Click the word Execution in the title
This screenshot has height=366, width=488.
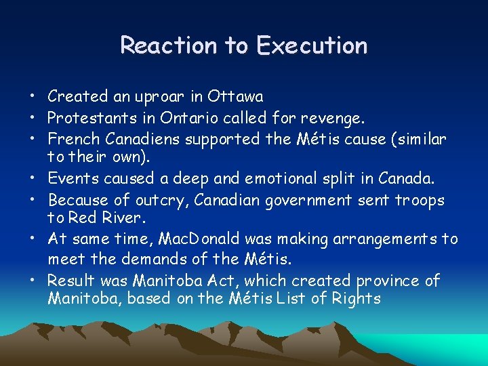click(x=312, y=45)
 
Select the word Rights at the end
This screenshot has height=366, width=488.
click(x=356, y=298)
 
